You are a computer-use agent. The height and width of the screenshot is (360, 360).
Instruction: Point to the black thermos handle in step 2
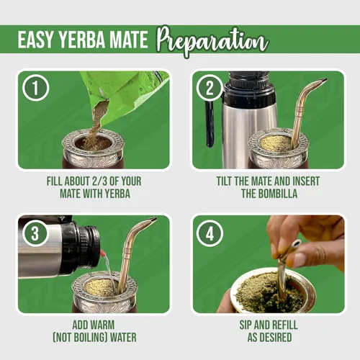(209, 122)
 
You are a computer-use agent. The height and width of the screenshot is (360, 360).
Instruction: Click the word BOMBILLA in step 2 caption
(281, 194)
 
